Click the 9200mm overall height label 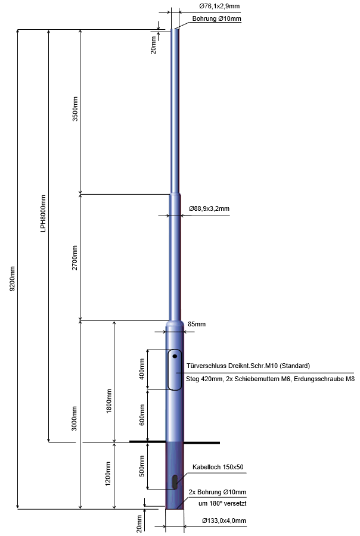pos(13,278)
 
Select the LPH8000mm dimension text pos(43,214)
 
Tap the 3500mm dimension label pos(75,109)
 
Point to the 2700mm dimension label pos(75,257)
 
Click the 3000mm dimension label pos(75,419)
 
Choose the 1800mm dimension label pos(109,401)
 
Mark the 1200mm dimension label pos(108,473)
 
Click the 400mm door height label pos(142,369)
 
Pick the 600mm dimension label pos(142,415)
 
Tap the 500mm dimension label pos(142,466)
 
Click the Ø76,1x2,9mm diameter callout pos(220,6)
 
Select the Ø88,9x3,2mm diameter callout pos(209,208)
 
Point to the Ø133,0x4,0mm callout pos(224,521)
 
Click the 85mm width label pos(197,324)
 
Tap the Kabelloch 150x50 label pos(218,467)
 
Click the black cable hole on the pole pos(175,481)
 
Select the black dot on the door pos(175,356)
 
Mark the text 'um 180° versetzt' pos(222,503)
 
